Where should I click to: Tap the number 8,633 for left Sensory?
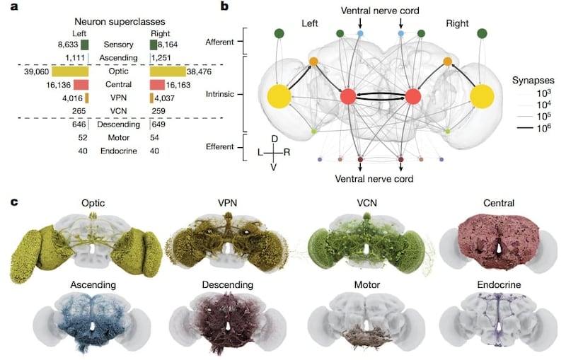(x=67, y=45)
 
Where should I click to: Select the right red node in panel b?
(x=413, y=97)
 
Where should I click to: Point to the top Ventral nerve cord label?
(x=381, y=12)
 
